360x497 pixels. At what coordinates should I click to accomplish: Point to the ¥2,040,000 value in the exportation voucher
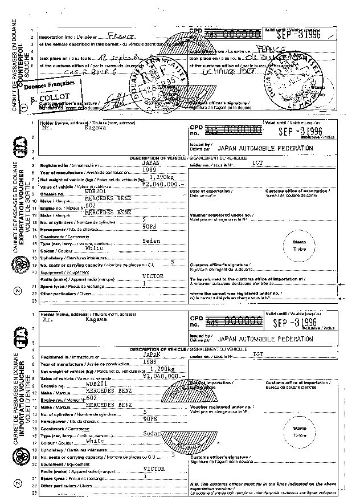[163, 185]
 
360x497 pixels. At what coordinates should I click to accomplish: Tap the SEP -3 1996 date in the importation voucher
[296, 323]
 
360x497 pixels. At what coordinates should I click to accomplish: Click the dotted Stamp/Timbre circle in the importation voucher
[299, 431]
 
